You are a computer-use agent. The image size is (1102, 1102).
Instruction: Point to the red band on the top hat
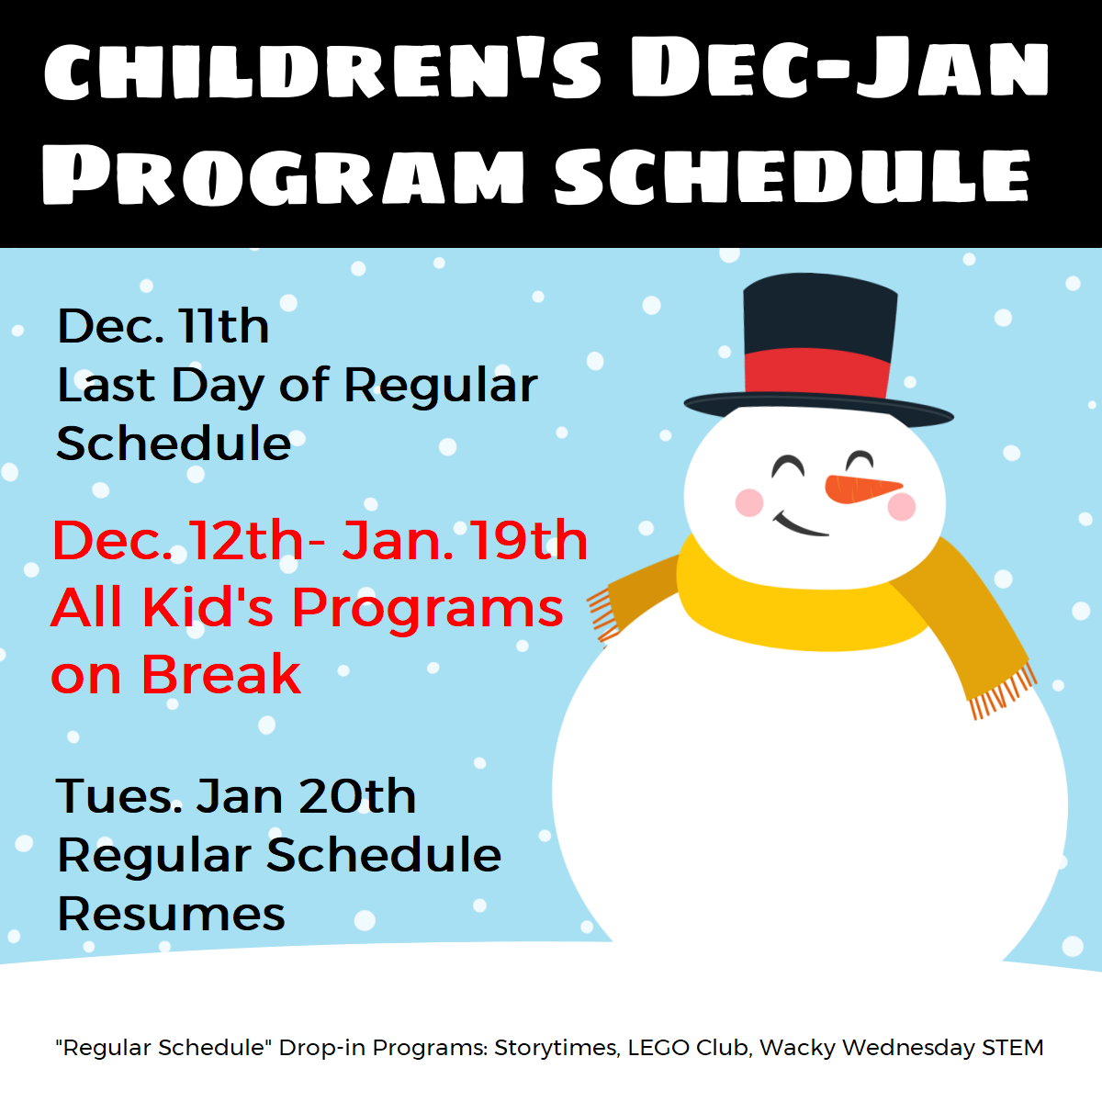tap(817, 373)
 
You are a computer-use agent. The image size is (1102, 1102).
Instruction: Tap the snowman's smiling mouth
tap(800, 525)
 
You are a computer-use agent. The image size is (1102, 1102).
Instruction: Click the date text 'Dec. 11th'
tap(163, 326)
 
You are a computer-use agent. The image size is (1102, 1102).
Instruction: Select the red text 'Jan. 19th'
tap(465, 540)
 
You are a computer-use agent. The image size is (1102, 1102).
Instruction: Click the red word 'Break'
tap(220, 674)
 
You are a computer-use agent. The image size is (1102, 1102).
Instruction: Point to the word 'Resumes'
tap(171, 913)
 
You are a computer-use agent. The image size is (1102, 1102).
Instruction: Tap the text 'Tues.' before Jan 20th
tap(119, 796)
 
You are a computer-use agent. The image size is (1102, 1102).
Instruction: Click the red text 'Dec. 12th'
tap(178, 540)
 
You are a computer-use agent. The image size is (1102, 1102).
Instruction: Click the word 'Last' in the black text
tap(107, 384)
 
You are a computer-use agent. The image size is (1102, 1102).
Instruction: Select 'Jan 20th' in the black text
tap(306, 796)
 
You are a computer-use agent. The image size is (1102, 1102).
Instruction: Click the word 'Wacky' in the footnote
tap(797, 1049)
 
